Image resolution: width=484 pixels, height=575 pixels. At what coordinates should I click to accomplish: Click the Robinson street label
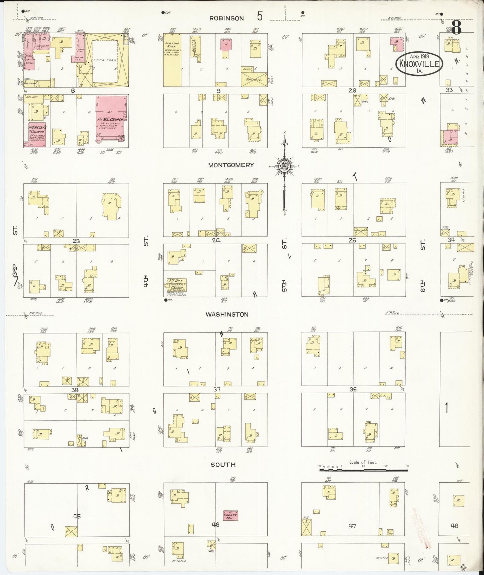tap(226, 18)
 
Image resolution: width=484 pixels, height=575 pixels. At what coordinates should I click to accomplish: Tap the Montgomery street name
tap(231, 165)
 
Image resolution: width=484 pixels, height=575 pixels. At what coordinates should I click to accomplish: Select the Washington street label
tap(227, 314)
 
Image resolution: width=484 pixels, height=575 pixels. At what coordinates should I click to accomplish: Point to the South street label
tap(223, 465)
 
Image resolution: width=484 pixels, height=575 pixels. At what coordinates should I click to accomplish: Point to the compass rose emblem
tap(284, 166)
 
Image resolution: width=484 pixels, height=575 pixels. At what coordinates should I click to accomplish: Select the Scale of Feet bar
tap(363, 470)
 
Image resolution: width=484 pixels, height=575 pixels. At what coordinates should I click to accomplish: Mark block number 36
tap(353, 389)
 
